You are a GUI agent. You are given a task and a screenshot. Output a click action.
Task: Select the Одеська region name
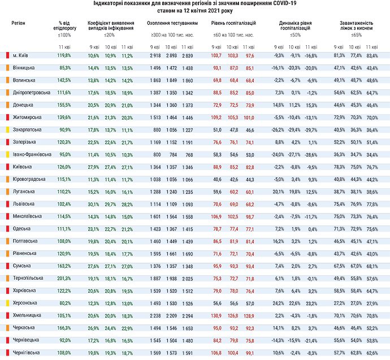[x=23, y=228]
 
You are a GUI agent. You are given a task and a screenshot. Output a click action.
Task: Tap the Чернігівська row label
[x=26, y=352]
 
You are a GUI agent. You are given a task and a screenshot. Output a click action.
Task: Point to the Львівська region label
[x=23, y=203]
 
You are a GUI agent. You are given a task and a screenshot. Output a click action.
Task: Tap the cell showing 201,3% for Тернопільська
[x=64, y=278]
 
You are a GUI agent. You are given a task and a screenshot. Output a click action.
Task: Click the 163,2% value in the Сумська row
[x=64, y=266]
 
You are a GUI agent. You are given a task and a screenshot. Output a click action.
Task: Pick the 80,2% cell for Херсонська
[x=64, y=303]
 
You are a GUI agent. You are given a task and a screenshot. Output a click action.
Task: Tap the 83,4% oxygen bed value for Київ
[x=372, y=55]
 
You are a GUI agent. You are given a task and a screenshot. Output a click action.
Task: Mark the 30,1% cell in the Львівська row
[x=94, y=203]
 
